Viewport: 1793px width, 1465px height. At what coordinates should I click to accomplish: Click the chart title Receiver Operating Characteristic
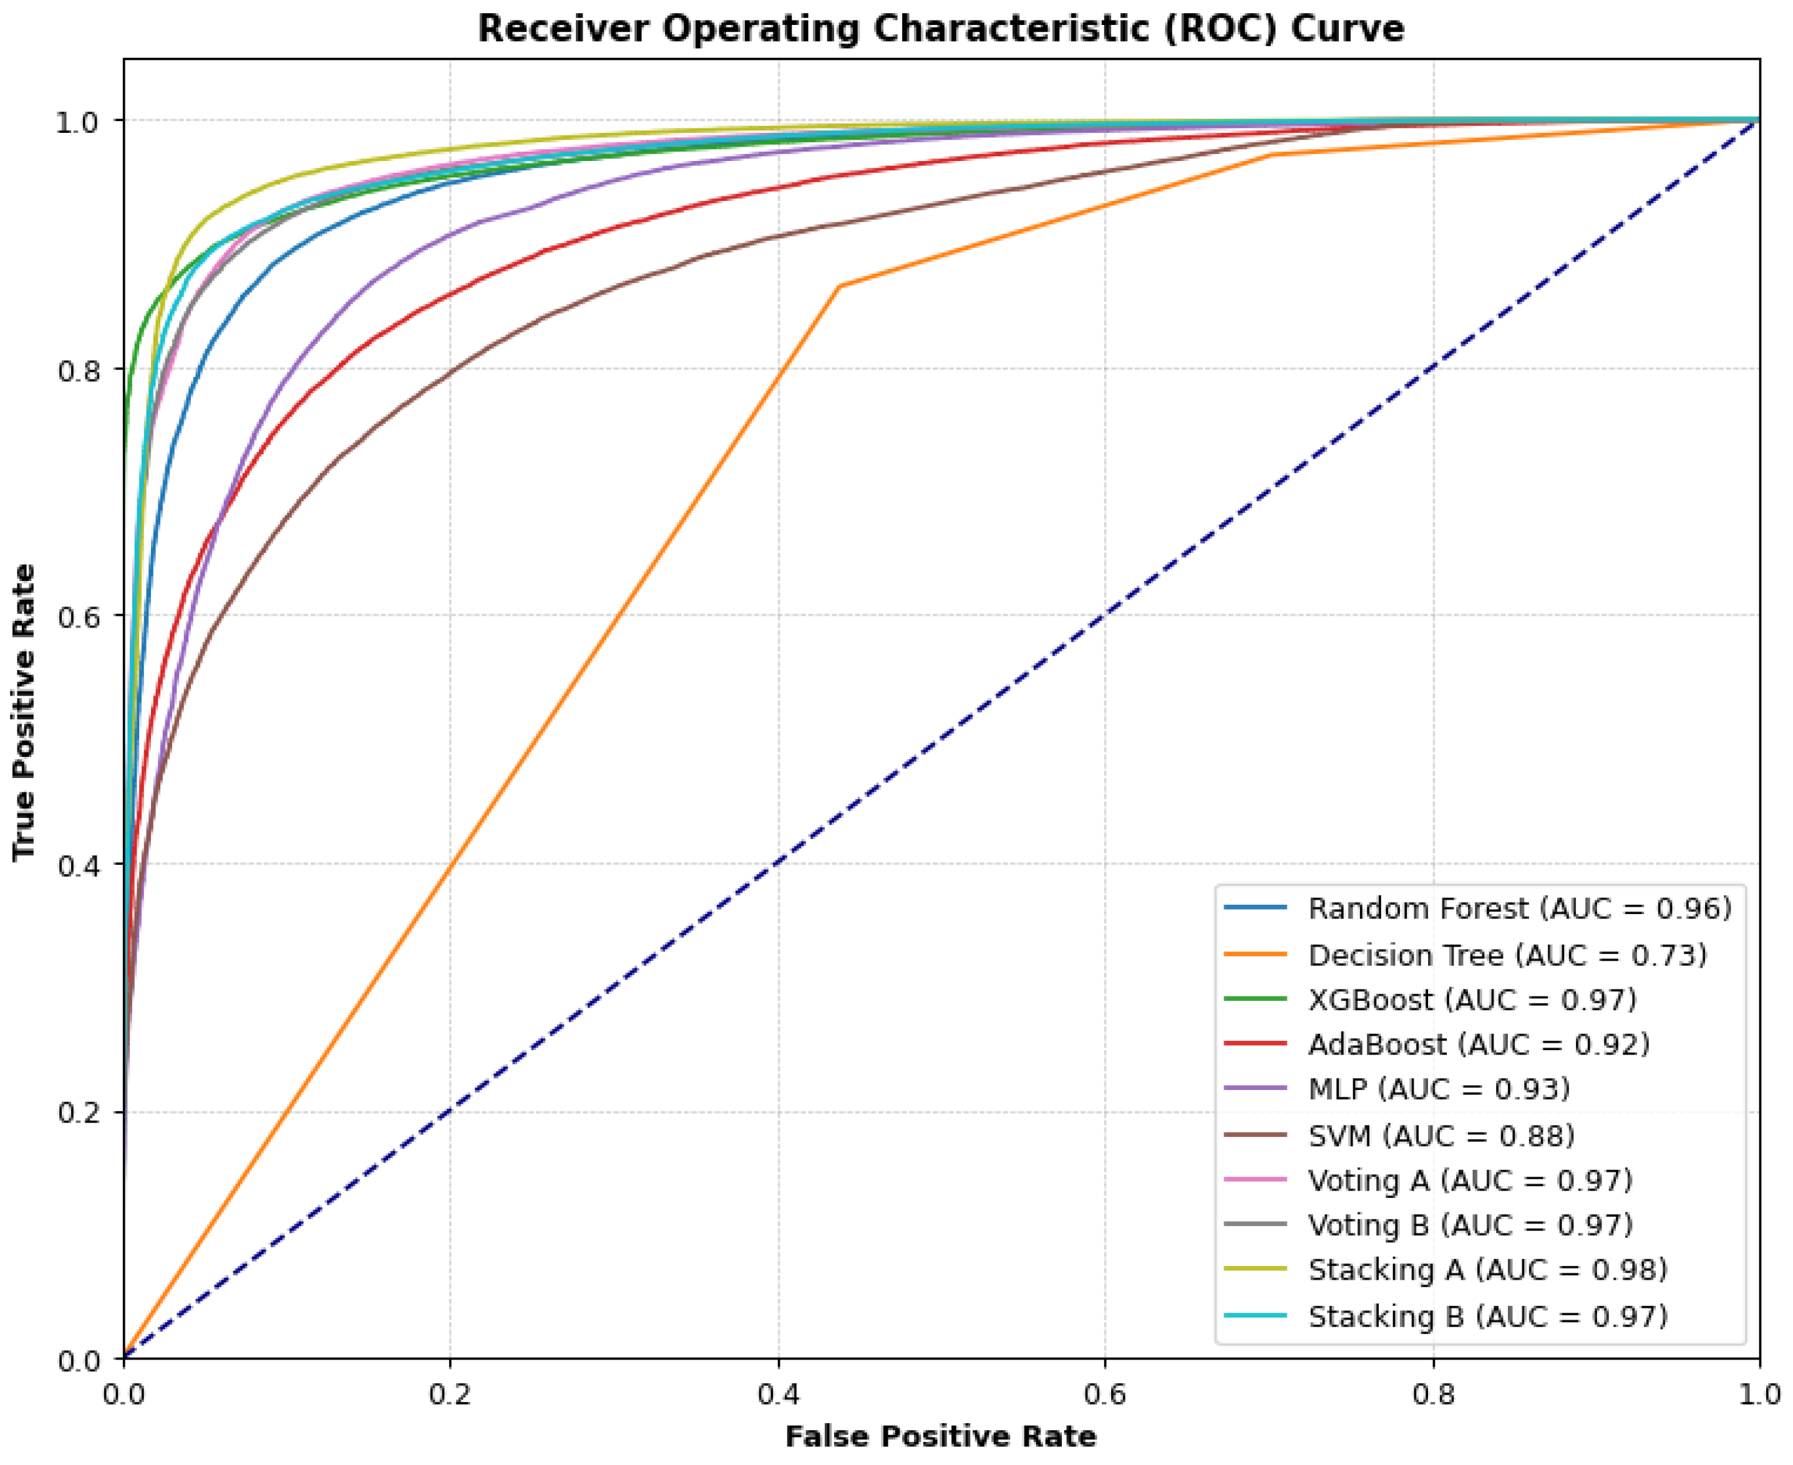[x=940, y=29]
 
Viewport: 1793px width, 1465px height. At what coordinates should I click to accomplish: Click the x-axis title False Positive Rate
[x=940, y=1436]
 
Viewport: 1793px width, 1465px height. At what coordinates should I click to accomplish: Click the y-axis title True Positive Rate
[x=24, y=713]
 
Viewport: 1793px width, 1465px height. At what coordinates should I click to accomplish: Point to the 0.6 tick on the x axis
[x=1104, y=1394]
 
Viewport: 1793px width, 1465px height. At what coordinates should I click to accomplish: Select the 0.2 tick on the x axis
[x=450, y=1394]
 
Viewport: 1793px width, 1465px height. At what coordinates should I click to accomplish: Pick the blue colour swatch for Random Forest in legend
[x=1255, y=908]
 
